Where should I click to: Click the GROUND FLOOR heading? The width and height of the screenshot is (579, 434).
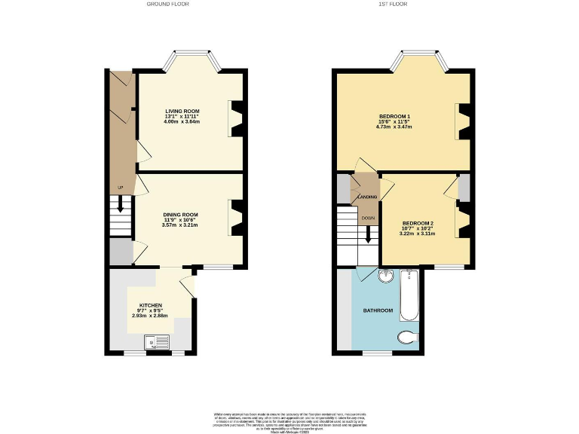167,5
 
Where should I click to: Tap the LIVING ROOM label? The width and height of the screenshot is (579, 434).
182,111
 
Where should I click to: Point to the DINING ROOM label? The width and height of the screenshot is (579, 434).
181,215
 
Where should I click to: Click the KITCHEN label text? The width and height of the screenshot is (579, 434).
150,306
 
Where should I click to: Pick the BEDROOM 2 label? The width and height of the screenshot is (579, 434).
417,223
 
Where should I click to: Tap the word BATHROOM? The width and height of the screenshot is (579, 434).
378,310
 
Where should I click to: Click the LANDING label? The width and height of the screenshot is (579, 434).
367,197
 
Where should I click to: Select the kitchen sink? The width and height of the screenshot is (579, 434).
159,344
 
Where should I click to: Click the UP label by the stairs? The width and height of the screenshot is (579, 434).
119,188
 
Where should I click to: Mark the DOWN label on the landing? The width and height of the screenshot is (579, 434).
368,218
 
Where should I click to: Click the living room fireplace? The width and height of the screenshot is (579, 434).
237,119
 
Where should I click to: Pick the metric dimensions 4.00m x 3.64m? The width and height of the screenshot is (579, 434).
182,121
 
